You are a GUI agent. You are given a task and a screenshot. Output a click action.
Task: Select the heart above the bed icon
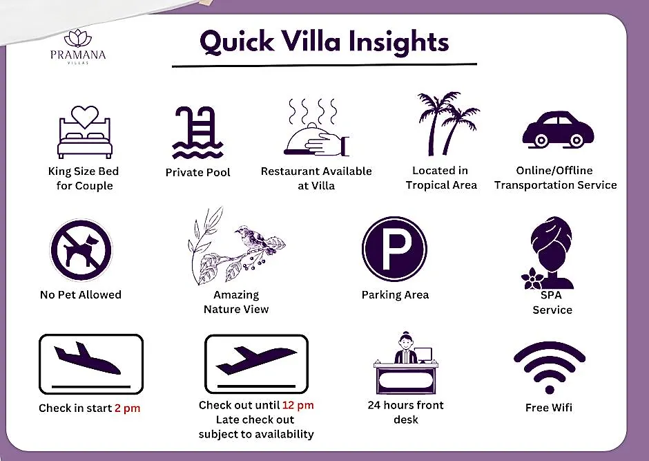[85, 117]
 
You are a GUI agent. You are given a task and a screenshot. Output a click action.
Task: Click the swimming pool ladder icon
[197, 133]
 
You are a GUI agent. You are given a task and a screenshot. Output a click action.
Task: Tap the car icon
[558, 129]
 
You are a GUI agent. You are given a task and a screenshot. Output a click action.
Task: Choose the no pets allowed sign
[81, 250]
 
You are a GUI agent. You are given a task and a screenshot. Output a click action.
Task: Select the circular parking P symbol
[394, 249]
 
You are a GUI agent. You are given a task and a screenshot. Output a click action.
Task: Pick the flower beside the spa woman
[532, 279]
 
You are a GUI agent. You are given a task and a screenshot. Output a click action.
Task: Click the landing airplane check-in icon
[91, 364]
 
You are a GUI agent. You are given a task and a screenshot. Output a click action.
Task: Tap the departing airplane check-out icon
[256, 364]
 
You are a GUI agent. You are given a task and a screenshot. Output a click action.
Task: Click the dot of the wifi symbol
[550, 389]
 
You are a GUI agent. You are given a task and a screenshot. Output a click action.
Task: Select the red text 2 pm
[128, 408]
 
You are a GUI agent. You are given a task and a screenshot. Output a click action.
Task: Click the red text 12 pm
[298, 405]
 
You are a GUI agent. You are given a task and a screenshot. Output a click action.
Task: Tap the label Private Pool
[198, 172]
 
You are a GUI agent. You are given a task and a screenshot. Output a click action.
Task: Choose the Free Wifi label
[549, 408]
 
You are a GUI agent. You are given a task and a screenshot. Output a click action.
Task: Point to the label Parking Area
[396, 295]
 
